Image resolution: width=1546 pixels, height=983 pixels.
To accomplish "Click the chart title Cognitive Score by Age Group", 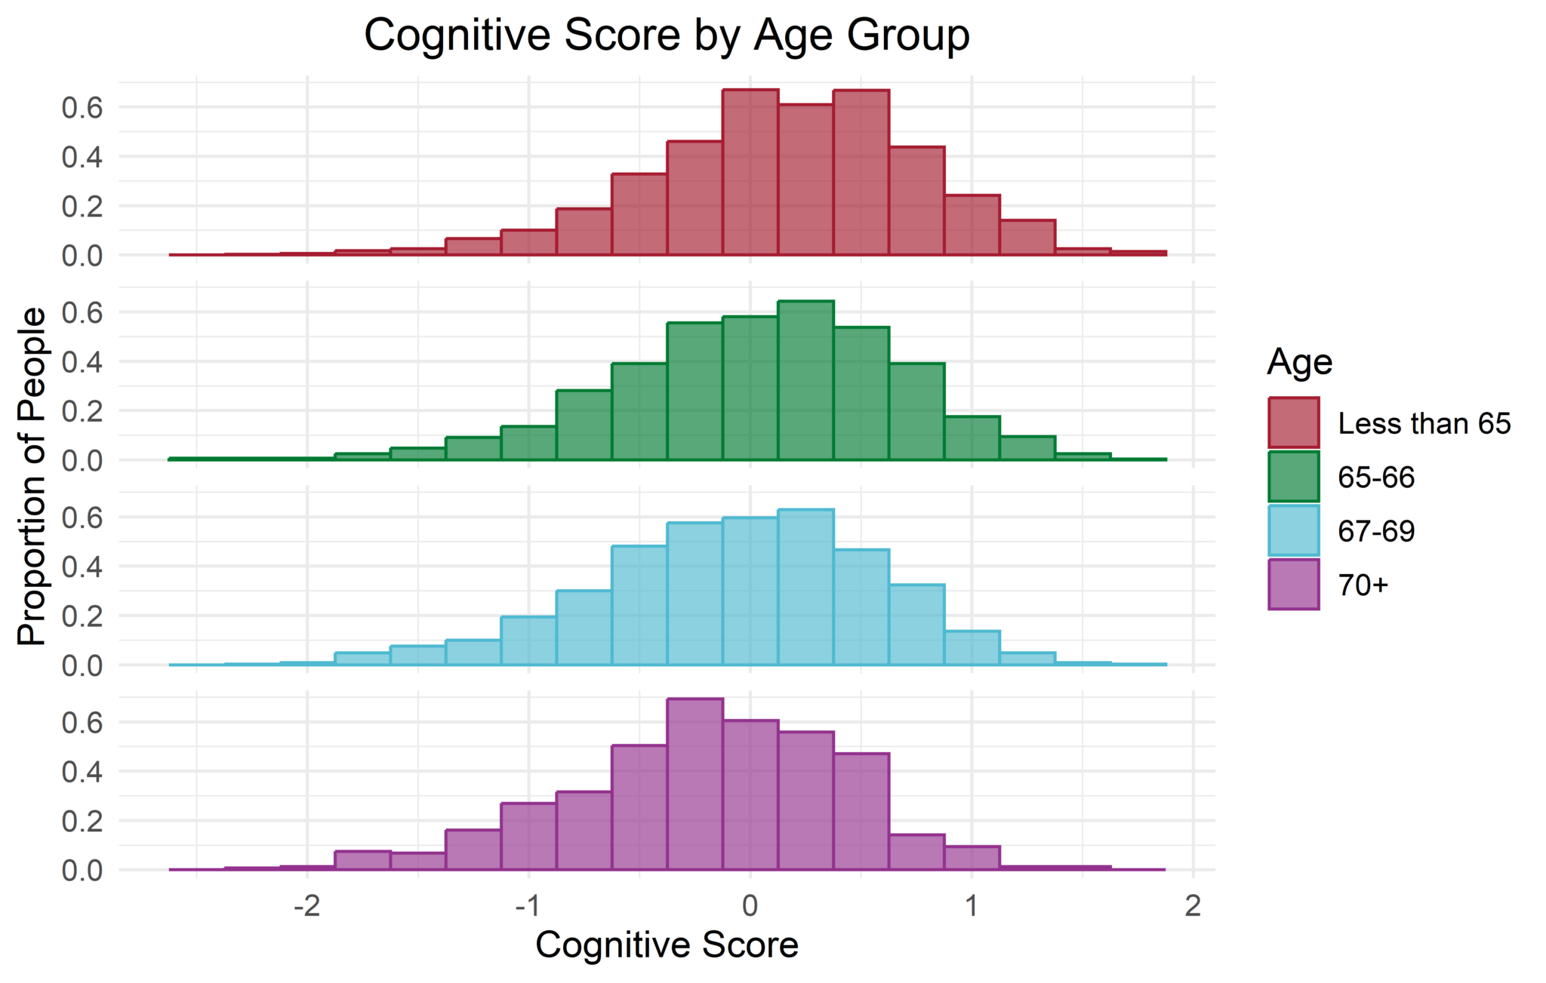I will pyautogui.click(x=667, y=35).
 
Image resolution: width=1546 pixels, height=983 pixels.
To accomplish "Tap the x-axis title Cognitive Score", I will pyautogui.click(x=667, y=945).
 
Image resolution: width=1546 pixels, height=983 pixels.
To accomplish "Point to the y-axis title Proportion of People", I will pyautogui.click(x=32, y=476).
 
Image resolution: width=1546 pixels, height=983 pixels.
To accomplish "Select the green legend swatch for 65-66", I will pyautogui.click(x=1294, y=477).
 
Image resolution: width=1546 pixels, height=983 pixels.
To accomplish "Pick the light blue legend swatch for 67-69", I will pyautogui.click(x=1294, y=530).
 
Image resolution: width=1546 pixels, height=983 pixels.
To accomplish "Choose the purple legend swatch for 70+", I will pyautogui.click(x=1294, y=584).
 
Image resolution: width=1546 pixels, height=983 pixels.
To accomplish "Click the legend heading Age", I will pyautogui.click(x=1299, y=363).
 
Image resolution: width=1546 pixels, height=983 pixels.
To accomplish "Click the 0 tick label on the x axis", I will pyautogui.click(x=750, y=905).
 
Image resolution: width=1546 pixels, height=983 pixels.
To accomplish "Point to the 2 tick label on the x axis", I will pyautogui.click(x=1193, y=905).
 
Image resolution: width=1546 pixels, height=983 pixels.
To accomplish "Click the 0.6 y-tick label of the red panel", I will pyautogui.click(x=82, y=109).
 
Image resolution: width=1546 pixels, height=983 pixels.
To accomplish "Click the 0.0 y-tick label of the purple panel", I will pyautogui.click(x=82, y=871).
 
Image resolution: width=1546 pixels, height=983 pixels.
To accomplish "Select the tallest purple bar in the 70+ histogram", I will pyautogui.click(x=695, y=785).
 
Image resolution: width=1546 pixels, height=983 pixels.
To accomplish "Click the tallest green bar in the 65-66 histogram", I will pyautogui.click(x=806, y=380).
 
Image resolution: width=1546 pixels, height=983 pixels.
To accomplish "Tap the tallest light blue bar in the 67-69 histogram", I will pyautogui.click(x=806, y=588).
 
